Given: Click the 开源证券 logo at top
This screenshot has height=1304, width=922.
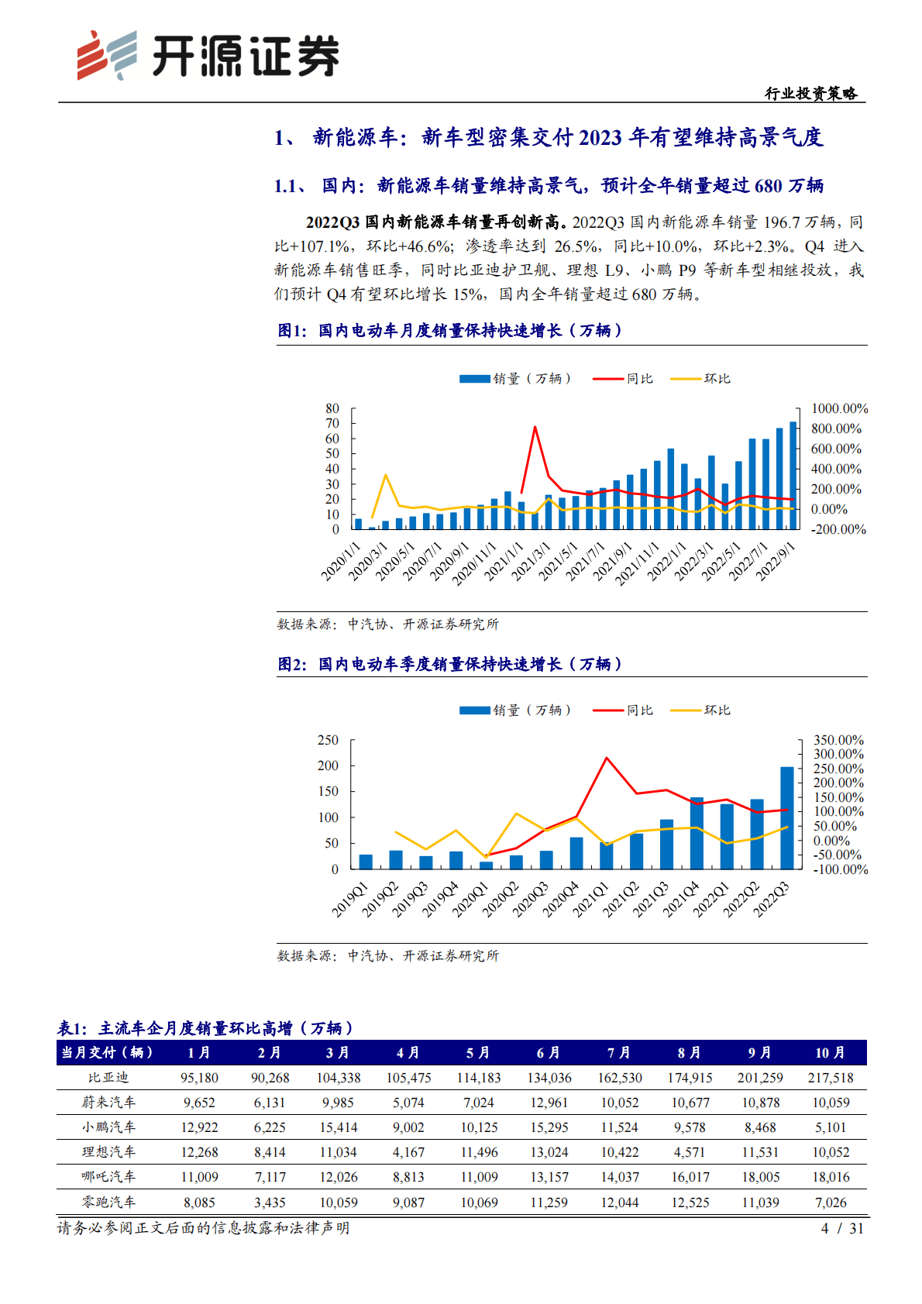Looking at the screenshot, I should click(x=208, y=56).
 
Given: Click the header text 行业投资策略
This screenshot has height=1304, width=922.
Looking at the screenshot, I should click(x=810, y=94).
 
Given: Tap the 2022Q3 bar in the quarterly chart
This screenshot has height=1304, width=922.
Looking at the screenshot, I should click(x=786, y=817).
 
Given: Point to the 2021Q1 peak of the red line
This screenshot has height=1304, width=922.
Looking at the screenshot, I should click(x=607, y=758).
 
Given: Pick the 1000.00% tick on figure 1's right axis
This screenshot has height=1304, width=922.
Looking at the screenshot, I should click(x=838, y=408).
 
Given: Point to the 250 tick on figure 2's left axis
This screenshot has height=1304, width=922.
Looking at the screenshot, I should click(x=328, y=740).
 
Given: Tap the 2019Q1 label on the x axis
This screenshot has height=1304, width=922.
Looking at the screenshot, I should click(x=350, y=900).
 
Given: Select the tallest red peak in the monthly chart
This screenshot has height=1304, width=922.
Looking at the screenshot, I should click(x=535, y=427).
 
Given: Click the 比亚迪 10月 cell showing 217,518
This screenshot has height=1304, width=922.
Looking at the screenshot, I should click(x=830, y=1078).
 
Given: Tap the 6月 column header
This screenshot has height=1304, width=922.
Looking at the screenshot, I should click(x=549, y=1052).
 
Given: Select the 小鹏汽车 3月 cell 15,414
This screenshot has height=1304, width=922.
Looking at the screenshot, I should click(x=339, y=1127).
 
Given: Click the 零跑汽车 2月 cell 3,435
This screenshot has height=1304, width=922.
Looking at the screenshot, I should click(x=269, y=1203).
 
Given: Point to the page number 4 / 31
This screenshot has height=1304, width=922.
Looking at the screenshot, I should click(x=841, y=1228).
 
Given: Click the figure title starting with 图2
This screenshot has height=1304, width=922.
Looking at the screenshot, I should click(x=449, y=664).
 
